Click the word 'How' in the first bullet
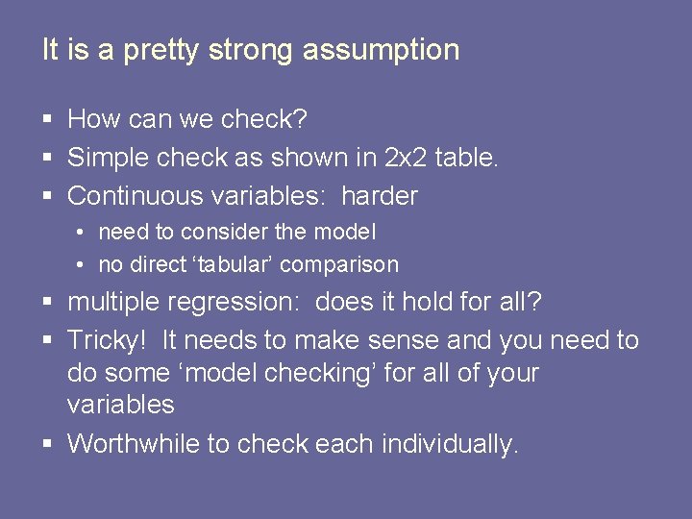coord(90,119)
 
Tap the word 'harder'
coord(380,196)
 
